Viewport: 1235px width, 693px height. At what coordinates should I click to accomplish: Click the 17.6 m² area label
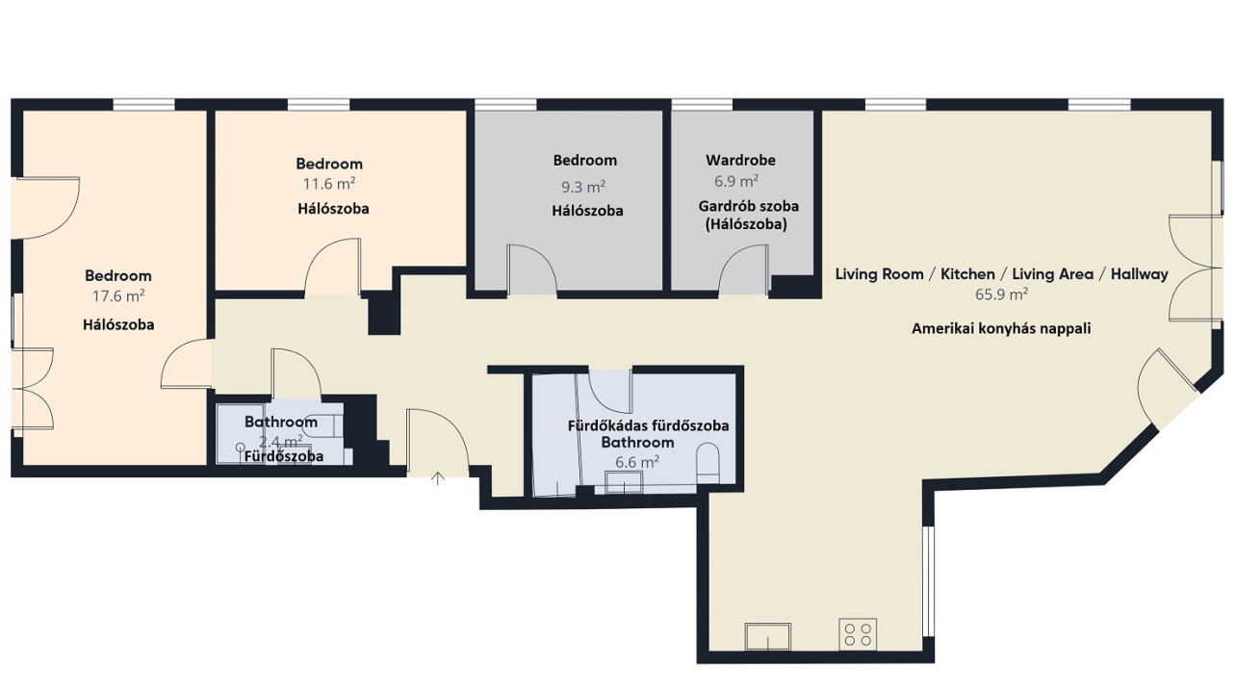(x=118, y=296)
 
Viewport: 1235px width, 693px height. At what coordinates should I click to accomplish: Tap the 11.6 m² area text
(x=329, y=183)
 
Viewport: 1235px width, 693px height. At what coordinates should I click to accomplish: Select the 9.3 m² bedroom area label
(x=583, y=187)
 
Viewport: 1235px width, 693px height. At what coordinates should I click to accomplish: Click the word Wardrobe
(x=740, y=161)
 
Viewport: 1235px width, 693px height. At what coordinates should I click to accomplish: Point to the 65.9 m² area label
(x=1001, y=294)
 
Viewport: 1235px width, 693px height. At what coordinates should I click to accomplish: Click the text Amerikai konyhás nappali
(x=1001, y=328)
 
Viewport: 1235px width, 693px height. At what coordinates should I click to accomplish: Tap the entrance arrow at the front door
(x=438, y=478)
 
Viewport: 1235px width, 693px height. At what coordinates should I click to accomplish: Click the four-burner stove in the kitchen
(x=858, y=634)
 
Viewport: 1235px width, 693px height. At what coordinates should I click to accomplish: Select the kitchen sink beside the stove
(x=768, y=637)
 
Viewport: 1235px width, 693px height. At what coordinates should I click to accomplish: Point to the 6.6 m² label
(x=637, y=462)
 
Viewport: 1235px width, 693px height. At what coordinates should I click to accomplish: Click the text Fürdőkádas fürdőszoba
(x=649, y=425)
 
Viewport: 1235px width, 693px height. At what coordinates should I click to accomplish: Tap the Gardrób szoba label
(x=748, y=206)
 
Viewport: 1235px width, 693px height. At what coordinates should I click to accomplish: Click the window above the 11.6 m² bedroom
(x=319, y=105)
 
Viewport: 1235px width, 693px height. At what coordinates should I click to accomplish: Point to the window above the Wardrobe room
(x=702, y=105)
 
